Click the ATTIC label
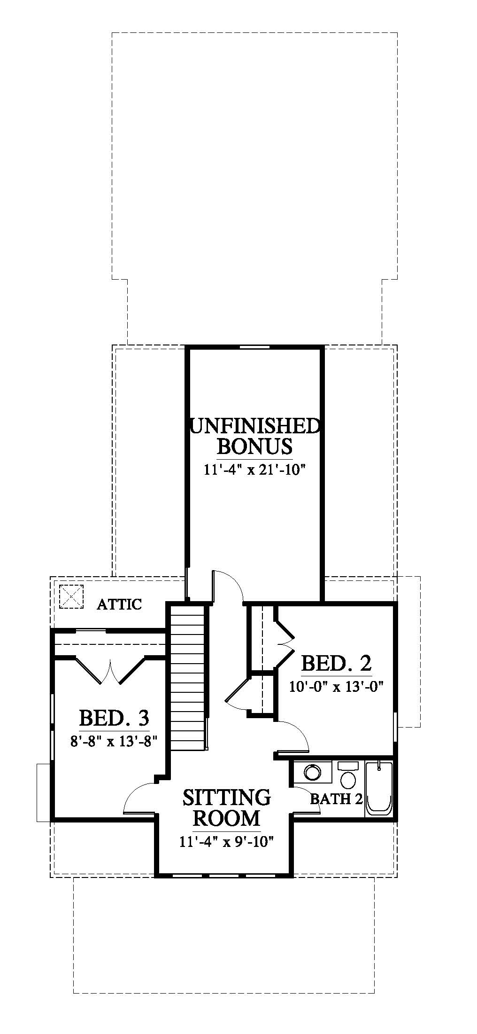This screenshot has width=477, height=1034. [119, 604]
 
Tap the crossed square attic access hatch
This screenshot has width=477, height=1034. [71, 596]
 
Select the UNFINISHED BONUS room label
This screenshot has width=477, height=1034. [255, 436]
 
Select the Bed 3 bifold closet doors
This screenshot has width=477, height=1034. [111, 670]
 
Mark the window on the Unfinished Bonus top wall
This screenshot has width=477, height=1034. [255, 347]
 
